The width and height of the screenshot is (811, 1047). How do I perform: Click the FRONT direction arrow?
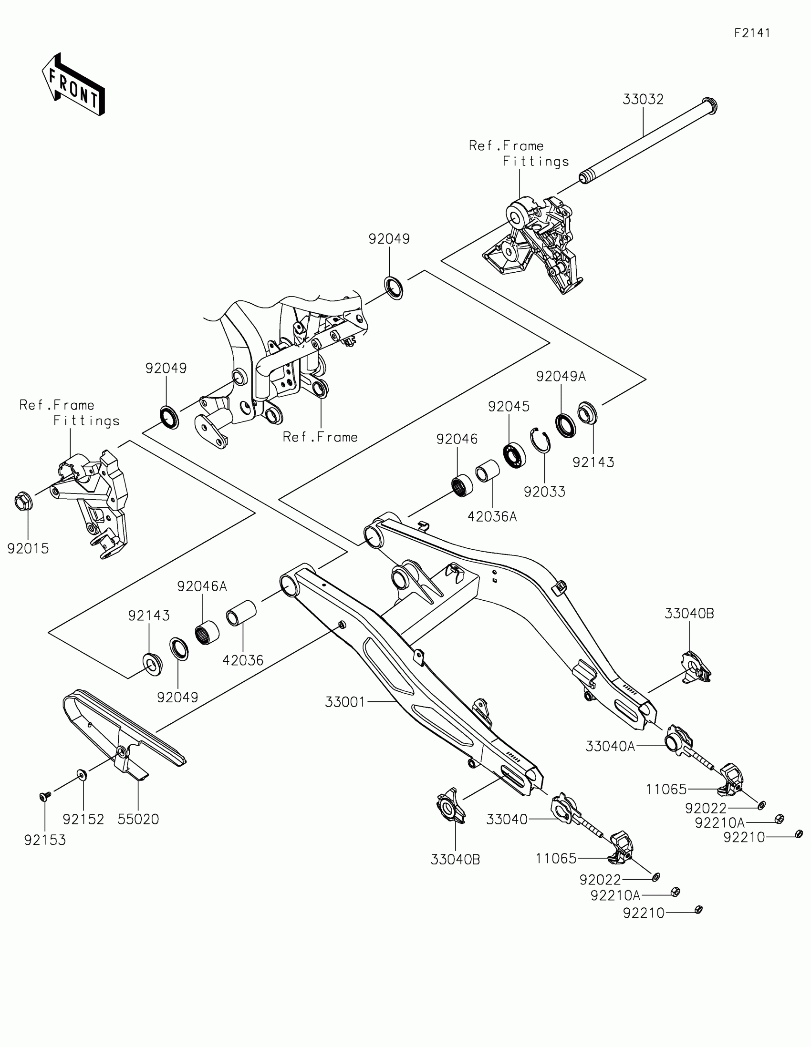[x=73, y=85]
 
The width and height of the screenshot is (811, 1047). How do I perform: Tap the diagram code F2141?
[x=752, y=33]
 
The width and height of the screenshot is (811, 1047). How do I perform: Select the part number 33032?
[x=643, y=100]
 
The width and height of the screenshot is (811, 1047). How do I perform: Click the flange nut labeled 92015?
[x=23, y=502]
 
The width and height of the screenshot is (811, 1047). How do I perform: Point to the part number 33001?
[x=345, y=702]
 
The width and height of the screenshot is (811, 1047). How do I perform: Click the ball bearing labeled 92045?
[x=515, y=455]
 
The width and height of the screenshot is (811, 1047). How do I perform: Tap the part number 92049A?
[x=561, y=377]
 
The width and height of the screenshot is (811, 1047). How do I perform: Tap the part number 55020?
[x=138, y=819]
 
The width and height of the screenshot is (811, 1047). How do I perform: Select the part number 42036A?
[x=492, y=517]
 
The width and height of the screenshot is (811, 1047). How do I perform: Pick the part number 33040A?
[x=610, y=747]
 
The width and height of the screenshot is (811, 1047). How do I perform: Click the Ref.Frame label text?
[x=320, y=437]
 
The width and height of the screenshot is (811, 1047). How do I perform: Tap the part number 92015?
[x=28, y=548]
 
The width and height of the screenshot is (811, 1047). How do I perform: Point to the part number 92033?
[x=544, y=492]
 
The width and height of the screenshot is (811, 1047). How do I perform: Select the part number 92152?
[x=83, y=819]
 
